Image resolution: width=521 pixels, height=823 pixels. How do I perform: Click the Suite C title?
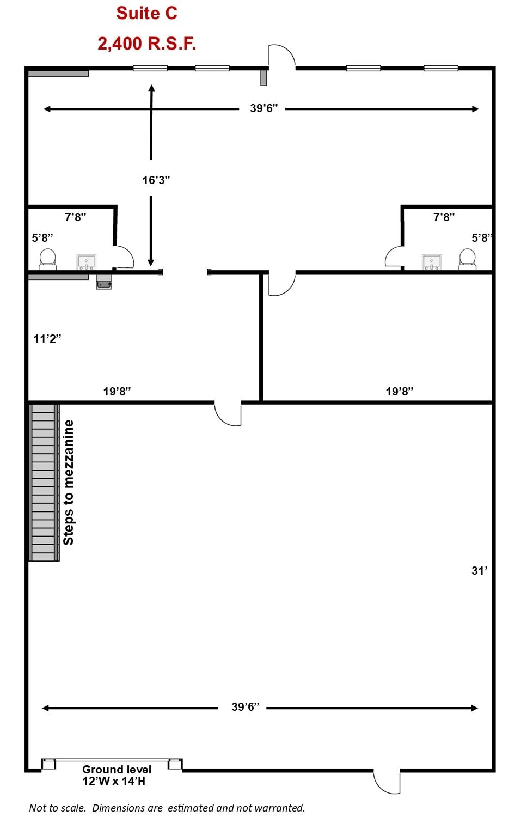pyautogui.click(x=146, y=13)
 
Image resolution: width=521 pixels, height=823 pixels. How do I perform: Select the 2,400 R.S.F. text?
pyautogui.click(x=146, y=44)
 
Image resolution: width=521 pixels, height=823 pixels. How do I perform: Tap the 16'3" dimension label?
pyautogui.click(x=156, y=180)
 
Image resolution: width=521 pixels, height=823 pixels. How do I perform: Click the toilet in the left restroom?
pyautogui.click(x=48, y=259)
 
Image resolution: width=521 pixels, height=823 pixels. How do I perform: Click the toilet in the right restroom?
pyautogui.click(x=467, y=259)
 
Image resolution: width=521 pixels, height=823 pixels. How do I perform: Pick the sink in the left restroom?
pyautogui.click(x=86, y=262)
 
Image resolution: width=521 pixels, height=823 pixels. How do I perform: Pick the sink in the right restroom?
pyautogui.click(x=431, y=262)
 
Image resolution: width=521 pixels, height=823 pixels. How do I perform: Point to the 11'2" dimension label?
pyautogui.click(x=47, y=339)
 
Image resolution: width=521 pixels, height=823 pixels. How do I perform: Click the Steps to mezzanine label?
pyautogui.click(x=69, y=483)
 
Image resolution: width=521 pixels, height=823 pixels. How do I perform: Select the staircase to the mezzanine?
pyautogui.click(x=44, y=483)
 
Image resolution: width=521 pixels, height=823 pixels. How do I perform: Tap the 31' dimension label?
pyautogui.click(x=479, y=571)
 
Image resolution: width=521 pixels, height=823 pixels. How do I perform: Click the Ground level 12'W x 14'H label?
pyautogui.click(x=116, y=775)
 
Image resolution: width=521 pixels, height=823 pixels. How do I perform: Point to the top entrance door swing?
pyautogui.click(x=281, y=57)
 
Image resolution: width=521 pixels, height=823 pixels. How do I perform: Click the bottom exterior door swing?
pyautogui.click(x=388, y=782)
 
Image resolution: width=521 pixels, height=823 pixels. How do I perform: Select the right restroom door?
pyautogui.click(x=394, y=257)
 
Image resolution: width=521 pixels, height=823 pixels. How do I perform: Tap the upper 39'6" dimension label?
pyautogui.click(x=263, y=108)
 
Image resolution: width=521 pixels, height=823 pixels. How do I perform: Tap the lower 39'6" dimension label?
pyautogui.click(x=245, y=707)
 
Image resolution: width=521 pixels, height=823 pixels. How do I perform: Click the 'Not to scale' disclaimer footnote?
pyautogui.click(x=167, y=808)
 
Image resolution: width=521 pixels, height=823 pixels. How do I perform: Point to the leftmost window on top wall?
pyautogui.click(x=150, y=68)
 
